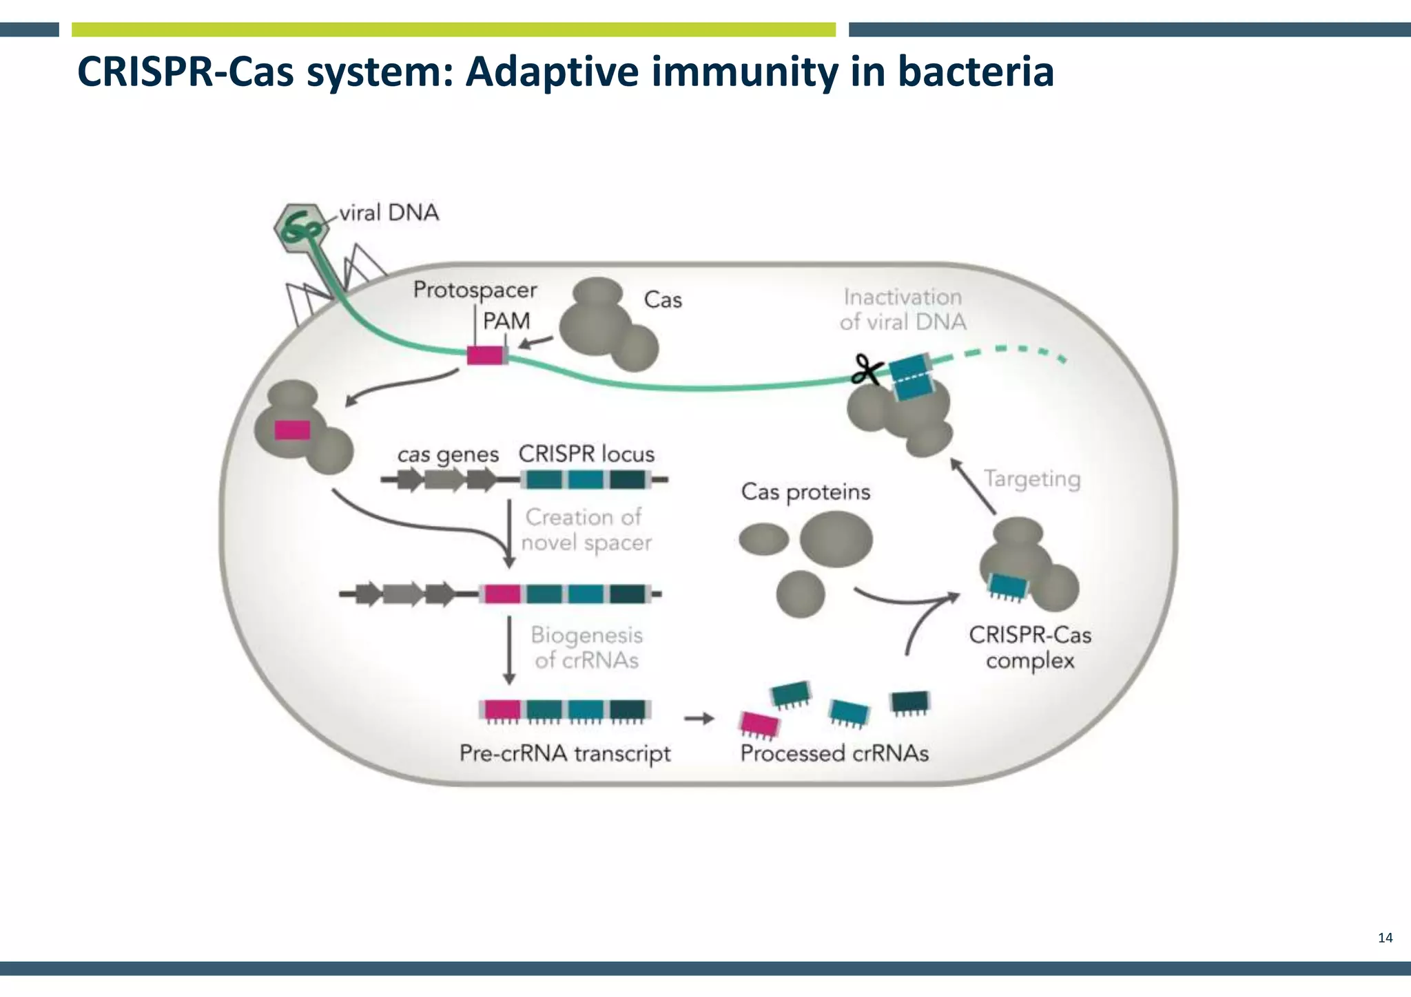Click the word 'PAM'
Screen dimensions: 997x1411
point(506,321)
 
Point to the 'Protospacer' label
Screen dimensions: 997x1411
point(475,290)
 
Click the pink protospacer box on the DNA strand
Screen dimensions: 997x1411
point(485,355)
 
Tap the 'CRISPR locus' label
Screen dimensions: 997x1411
point(586,454)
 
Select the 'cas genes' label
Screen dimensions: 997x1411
point(448,454)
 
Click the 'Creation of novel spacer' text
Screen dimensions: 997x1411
point(585,529)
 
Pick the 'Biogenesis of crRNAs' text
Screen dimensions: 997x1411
point(586,647)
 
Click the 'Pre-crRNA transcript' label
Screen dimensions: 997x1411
point(565,753)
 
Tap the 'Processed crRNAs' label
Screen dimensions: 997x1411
point(834,753)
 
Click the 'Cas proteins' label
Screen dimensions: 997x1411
point(805,492)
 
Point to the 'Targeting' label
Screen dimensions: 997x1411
point(1031,478)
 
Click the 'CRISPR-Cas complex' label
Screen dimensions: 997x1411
point(1030,647)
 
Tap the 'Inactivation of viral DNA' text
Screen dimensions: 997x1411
point(903,309)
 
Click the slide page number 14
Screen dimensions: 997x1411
point(1385,938)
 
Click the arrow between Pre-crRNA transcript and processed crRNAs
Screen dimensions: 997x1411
point(699,719)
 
